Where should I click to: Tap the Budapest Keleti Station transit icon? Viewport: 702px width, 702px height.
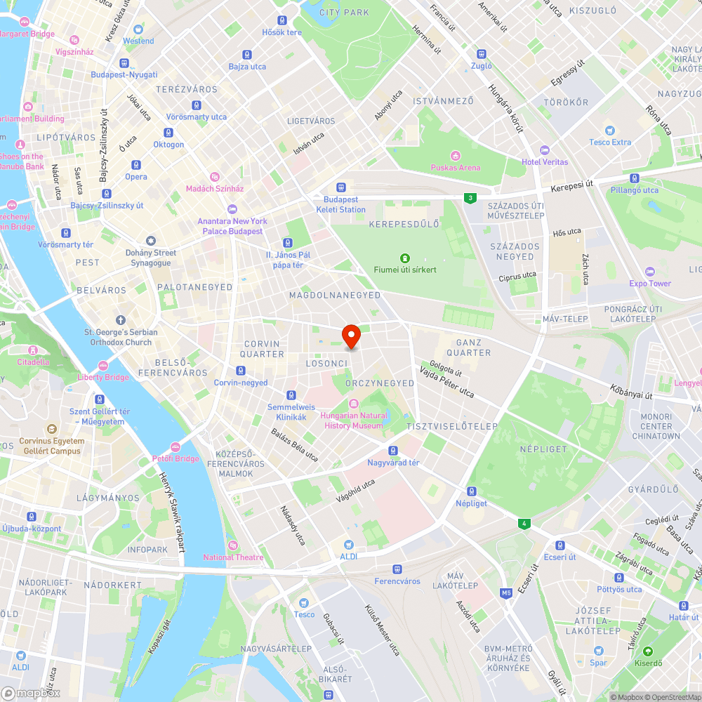341,187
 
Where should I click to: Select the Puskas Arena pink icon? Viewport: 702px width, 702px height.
455,155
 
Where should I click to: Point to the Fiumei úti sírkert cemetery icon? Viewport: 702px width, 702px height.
404,258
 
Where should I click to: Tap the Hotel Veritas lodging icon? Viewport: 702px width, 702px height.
544,150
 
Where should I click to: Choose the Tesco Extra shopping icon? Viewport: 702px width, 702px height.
609,130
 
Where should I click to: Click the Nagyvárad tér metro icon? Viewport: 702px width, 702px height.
393,450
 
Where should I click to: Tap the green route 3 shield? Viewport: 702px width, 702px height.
469,198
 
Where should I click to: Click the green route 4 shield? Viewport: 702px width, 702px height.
522,523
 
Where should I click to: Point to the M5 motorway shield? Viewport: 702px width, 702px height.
505,593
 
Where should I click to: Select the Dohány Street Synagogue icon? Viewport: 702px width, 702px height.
150,240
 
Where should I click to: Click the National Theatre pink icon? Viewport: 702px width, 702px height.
233,545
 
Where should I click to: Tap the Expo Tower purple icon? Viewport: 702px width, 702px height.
649,272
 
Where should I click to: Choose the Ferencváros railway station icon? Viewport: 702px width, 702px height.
397,569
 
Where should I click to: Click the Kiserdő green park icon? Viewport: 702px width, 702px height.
647,651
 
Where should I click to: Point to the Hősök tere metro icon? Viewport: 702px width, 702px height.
282,20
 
